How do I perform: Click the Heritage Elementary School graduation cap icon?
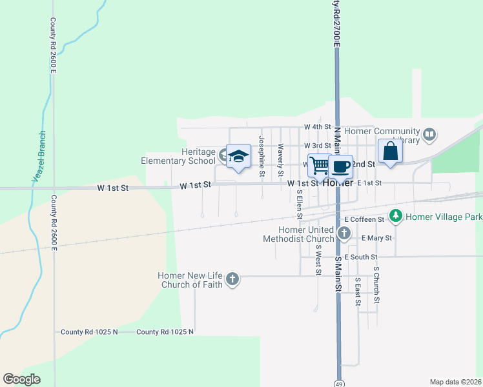(x=239, y=156)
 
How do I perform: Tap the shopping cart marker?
(x=319, y=165)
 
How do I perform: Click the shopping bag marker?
(x=391, y=151)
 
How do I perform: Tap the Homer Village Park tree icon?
(x=396, y=216)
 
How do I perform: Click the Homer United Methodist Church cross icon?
(x=345, y=234)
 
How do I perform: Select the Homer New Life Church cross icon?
(x=232, y=279)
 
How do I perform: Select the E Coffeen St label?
(x=364, y=220)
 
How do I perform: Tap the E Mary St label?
(x=376, y=238)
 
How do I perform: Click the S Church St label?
(x=376, y=285)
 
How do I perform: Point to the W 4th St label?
(x=318, y=127)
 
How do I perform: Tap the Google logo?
(x=21, y=379)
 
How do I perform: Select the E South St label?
(x=365, y=257)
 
